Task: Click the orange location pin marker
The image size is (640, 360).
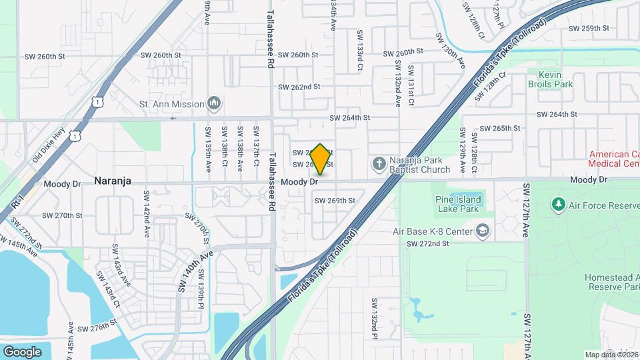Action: pyautogui.click(x=320, y=159)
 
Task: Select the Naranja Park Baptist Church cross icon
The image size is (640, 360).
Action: pyautogui.click(x=379, y=163)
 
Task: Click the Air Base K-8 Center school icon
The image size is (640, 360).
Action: pyautogui.click(x=482, y=231)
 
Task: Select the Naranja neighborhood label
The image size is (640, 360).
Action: pyautogui.click(x=112, y=181)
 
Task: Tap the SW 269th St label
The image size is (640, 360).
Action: pyautogui.click(x=335, y=200)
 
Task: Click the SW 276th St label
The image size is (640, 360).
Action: pyautogui.click(x=97, y=329)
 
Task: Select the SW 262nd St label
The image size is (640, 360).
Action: pyautogui.click(x=299, y=87)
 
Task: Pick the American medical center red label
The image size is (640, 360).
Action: pyautogui.click(x=613, y=159)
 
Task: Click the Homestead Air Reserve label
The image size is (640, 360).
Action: pyautogui.click(x=612, y=282)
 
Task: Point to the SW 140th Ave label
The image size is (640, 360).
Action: pyautogui.click(x=195, y=271)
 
